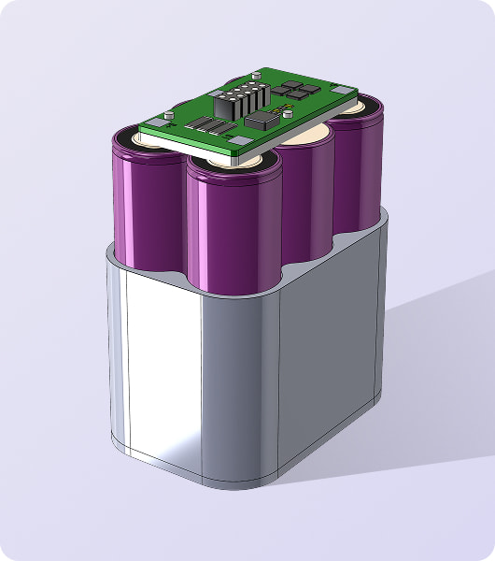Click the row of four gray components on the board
tap(211, 127)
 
